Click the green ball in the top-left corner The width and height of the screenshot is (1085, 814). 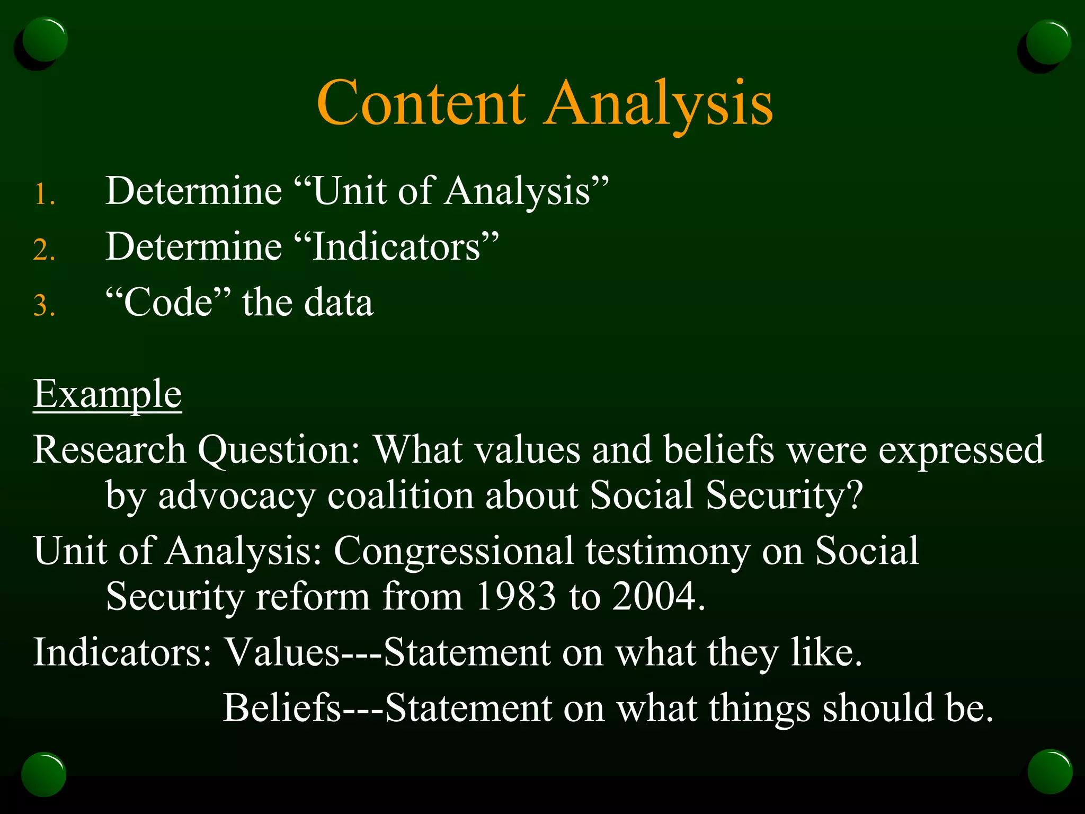(45, 40)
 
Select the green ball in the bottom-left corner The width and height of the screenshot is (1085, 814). (44, 774)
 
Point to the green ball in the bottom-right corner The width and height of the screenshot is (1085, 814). (1050, 772)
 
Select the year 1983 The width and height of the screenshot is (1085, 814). (515, 596)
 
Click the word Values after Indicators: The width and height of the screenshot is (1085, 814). (282, 652)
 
